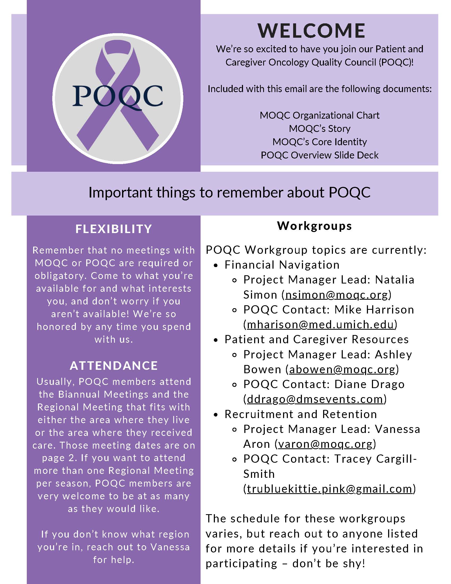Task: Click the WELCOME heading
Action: (311, 31)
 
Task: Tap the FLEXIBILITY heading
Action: (114, 229)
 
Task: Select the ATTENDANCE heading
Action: (114, 366)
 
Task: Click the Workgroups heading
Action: (314, 226)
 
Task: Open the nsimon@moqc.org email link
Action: (337, 295)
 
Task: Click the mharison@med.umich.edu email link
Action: (320, 324)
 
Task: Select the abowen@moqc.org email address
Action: (342, 369)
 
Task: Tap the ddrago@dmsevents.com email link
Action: (315, 399)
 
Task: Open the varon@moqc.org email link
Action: (326, 444)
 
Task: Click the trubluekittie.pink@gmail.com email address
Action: (329, 489)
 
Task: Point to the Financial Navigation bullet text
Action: (282, 265)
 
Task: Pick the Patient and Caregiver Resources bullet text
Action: (316, 339)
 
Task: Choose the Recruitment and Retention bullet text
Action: (301, 414)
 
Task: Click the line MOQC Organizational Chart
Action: (320, 115)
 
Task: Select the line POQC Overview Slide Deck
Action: (320, 155)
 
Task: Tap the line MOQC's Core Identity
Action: (320, 142)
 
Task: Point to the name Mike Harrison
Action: (374, 310)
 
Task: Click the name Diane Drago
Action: (369, 384)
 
